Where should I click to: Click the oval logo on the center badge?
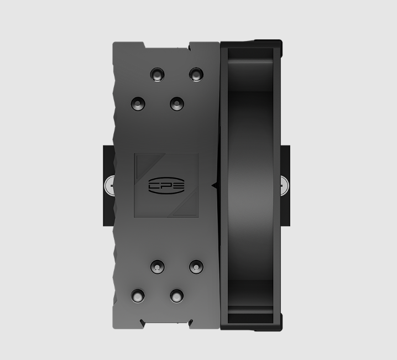[x=166, y=186]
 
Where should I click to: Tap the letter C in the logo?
[x=154, y=186]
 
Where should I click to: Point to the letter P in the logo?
[x=166, y=186]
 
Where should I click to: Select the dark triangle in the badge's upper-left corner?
[x=148, y=165]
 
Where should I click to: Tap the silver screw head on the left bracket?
[x=109, y=186]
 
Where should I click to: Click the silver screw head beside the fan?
[x=284, y=186]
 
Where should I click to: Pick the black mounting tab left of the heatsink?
[x=108, y=186]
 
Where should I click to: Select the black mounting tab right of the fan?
[x=285, y=186]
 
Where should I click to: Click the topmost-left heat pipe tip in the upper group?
[x=157, y=75]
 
